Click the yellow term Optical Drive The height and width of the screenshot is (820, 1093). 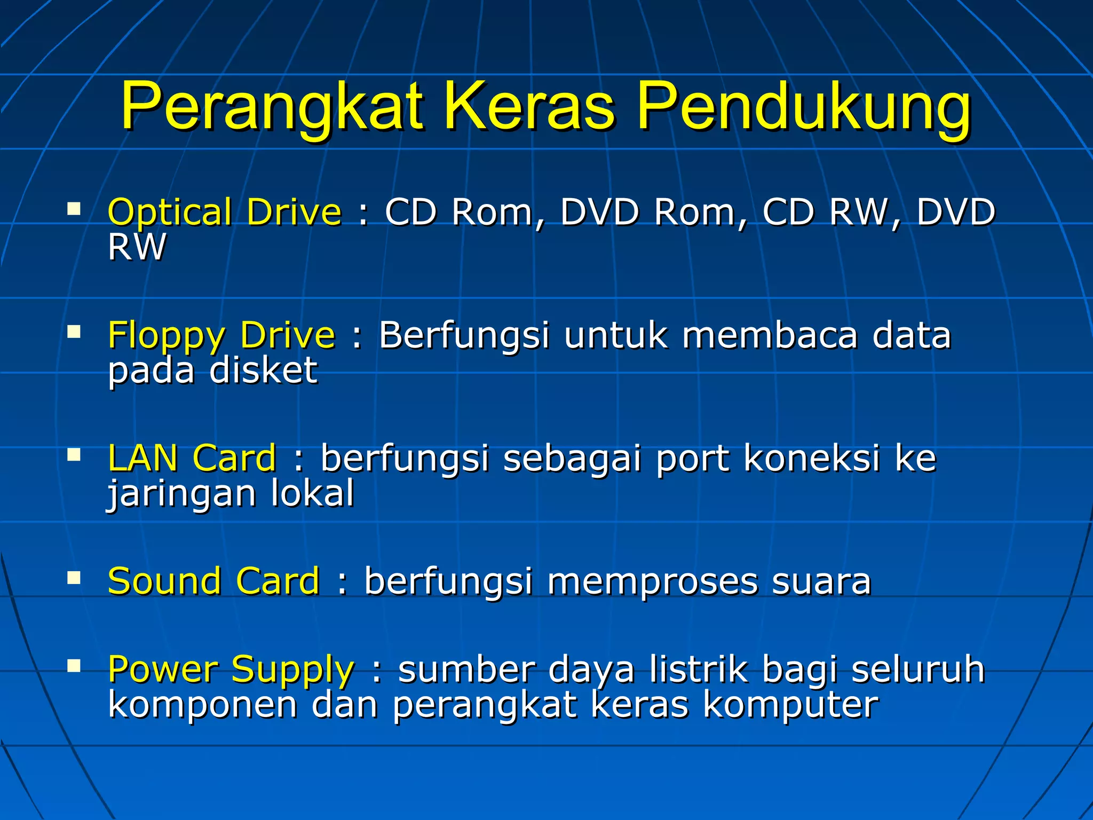click(x=224, y=212)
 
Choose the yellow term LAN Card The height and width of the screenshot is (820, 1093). click(x=192, y=458)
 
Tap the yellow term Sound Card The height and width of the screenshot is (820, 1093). click(x=213, y=581)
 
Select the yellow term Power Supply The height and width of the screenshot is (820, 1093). click(x=231, y=669)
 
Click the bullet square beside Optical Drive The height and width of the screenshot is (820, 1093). click(x=74, y=208)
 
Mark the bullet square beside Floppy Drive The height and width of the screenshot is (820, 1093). click(x=74, y=332)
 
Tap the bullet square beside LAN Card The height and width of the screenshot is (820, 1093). click(x=74, y=455)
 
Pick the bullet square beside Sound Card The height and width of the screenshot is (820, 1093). click(x=74, y=578)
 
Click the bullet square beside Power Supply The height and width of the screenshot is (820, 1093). click(x=74, y=665)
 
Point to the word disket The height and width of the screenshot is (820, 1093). click(x=264, y=370)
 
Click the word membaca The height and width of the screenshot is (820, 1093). click(x=769, y=335)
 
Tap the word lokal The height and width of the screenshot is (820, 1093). click(x=313, y=493)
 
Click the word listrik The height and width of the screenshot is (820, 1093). click(x=699, y=669)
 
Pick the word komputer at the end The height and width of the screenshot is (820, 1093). click(x=790, y=705)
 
